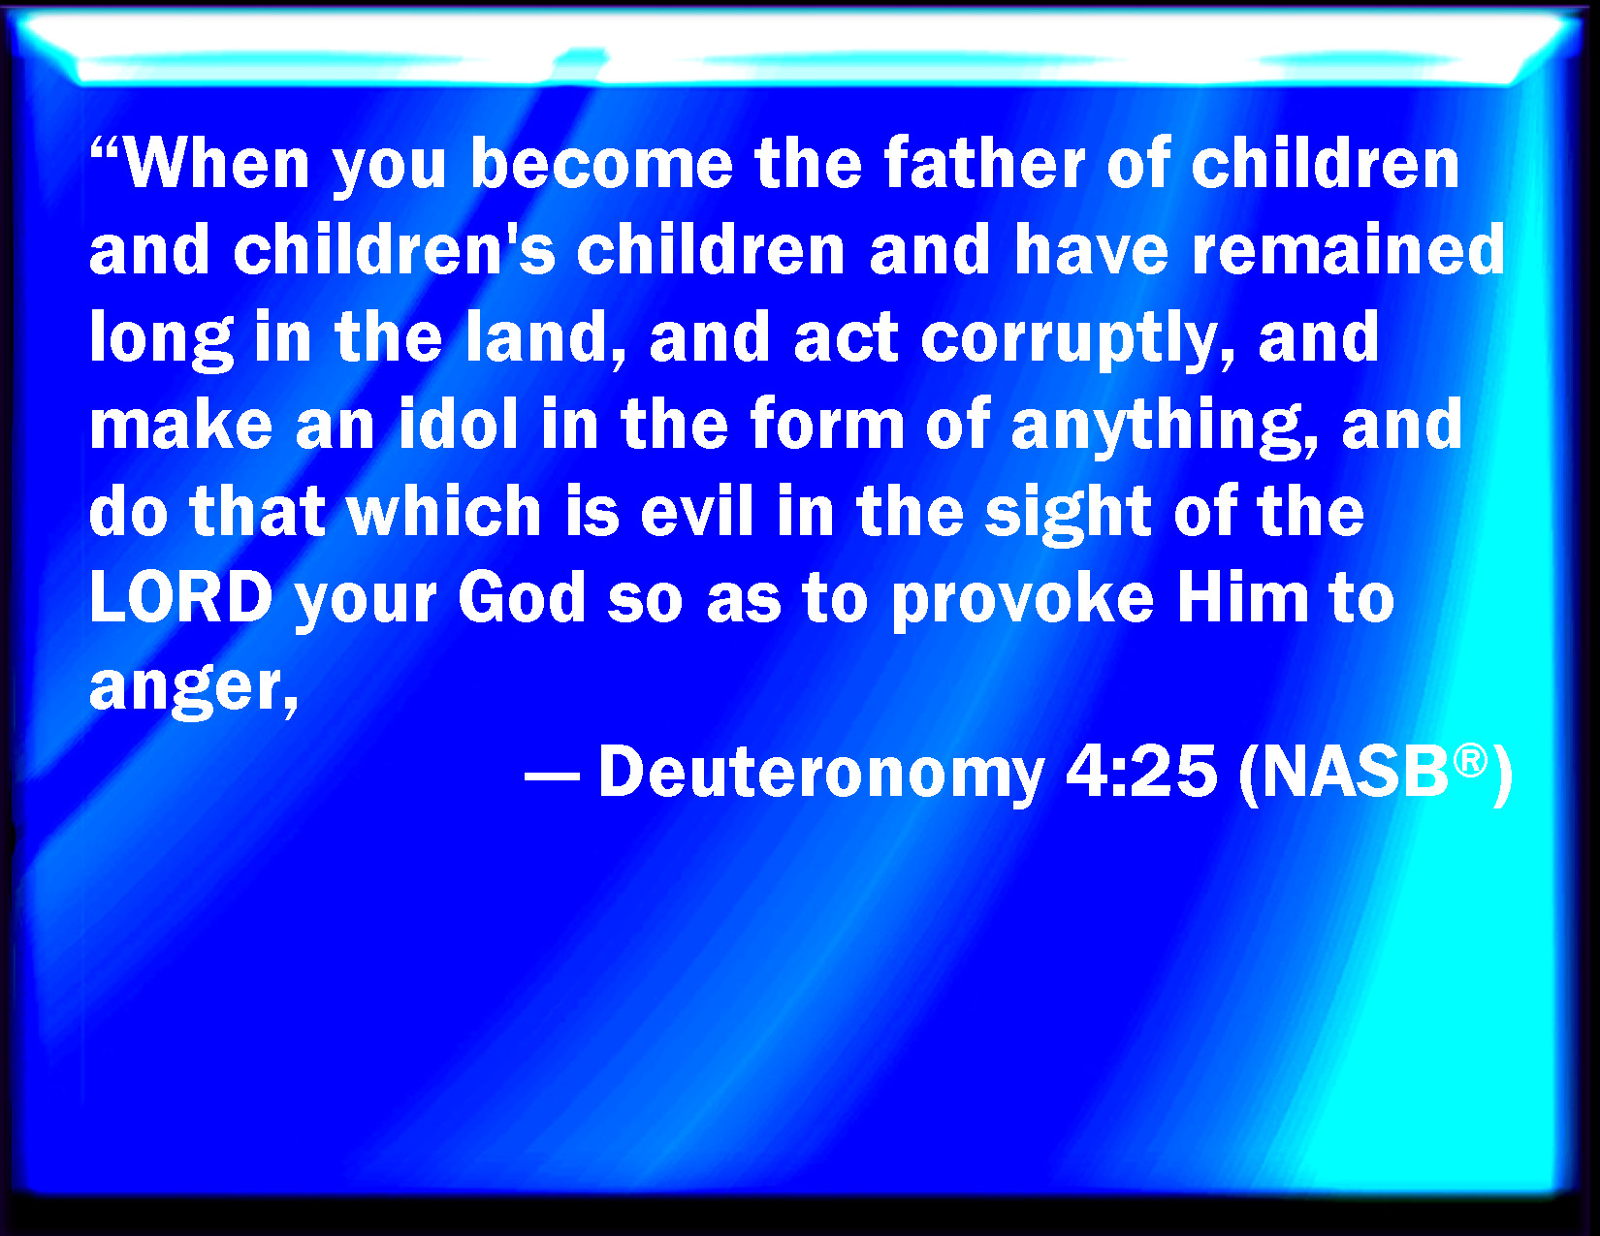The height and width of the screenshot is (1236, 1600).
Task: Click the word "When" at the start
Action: click(x=216, y=164)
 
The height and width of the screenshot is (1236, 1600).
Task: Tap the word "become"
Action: click(x=602, y=164)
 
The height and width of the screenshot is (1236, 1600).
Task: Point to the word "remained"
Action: click(x=1348, y=249)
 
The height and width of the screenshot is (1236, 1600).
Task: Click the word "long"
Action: click(x=161, y=339)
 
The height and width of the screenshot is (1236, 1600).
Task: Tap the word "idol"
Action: click(x=458, y=423)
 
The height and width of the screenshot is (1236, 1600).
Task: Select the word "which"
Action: click(x=445, y=509)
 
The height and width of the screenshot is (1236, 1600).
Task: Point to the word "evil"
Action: click(x=697, y=509)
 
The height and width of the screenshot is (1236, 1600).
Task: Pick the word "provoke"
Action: click(x=1023, y=601)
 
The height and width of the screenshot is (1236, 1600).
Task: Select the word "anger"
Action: click(x=189, y=689)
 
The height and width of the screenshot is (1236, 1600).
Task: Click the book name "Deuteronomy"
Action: click(x=821, y=774)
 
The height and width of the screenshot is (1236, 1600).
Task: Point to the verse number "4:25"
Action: click(x=1141, y=772)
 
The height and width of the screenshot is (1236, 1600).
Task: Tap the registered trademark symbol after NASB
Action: click(x=1471, y=761)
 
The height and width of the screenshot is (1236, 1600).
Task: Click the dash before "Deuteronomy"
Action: click(x=552, y=776)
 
